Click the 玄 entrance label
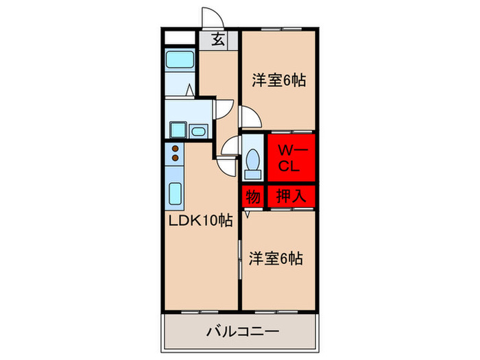[218, 39]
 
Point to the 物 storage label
[252, 197]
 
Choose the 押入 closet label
[291, 197]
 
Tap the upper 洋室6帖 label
[278, 80]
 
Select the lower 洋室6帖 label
[276, 259]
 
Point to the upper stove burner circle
[175, 148]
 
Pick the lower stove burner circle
[175, 158]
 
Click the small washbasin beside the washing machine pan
[200, 131]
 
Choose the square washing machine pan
[178, 130]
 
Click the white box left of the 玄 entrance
[182, 38]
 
